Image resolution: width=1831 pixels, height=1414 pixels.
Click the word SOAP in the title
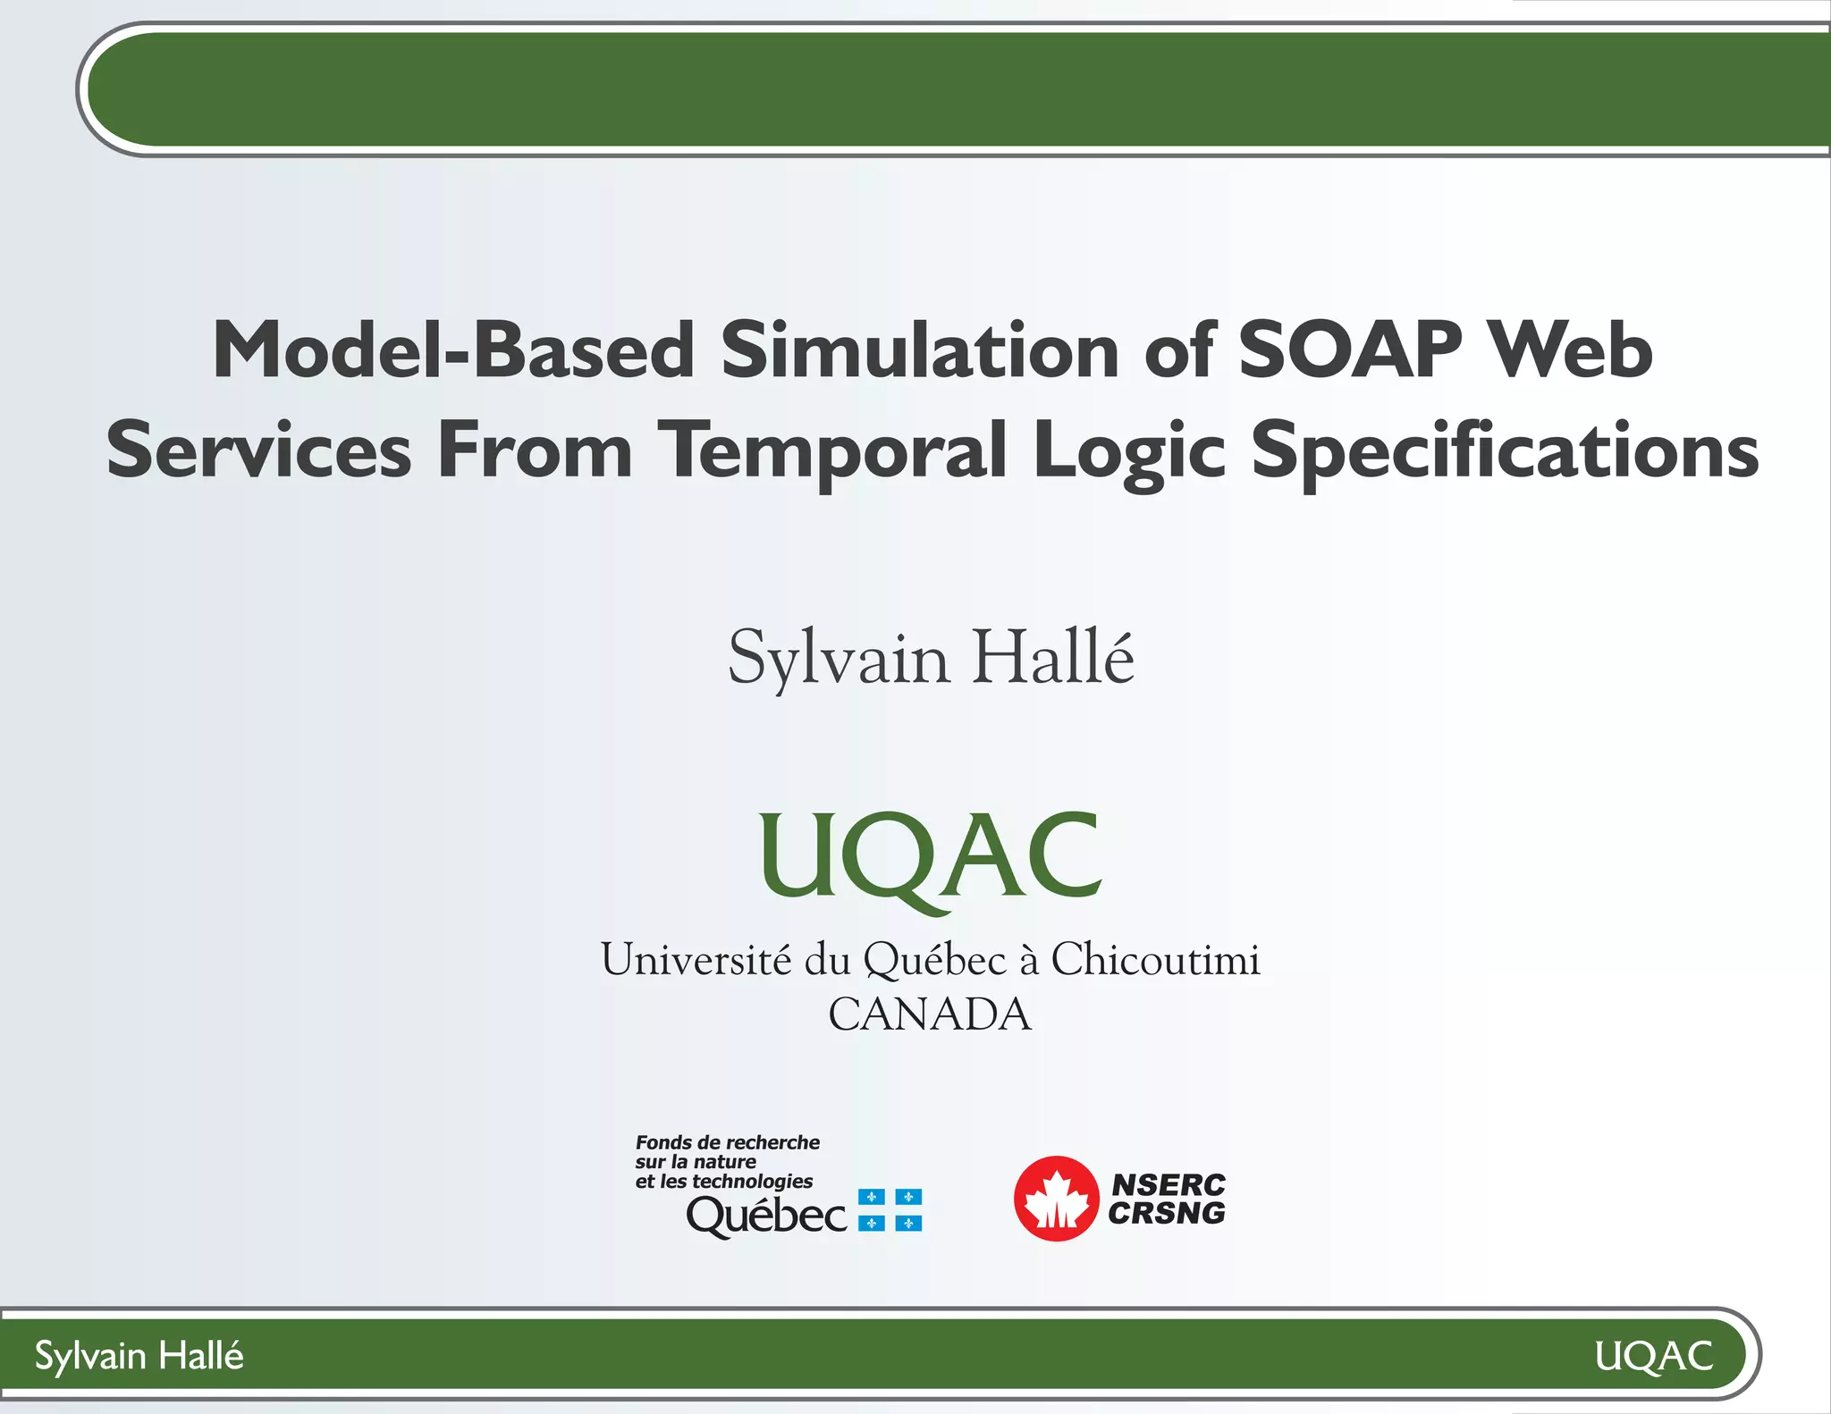click(x=1350, y=350)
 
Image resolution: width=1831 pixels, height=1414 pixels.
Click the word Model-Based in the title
click(x=453, y=350)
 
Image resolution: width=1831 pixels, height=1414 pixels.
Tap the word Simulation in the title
click(x=920, y=350)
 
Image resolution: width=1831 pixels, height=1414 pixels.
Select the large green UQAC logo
click(x=930, y=858)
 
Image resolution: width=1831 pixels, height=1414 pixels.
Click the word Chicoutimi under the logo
click(x=1155, y=960)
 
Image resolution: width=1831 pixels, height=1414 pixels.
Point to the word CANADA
click(x=930, y=1014)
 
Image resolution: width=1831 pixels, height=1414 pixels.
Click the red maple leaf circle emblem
click(x=1056, y=1199)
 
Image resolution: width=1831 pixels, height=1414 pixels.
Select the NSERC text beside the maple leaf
click(x=1168, y=1184)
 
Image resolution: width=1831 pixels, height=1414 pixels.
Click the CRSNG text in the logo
click(x=1167, y=1214)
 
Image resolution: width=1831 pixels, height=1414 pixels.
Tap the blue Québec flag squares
click(x=890, y=1210)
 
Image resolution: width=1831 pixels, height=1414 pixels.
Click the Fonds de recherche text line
click(x=727, y=1142)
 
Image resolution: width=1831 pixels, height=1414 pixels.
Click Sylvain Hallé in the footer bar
click(x=139, y=1356)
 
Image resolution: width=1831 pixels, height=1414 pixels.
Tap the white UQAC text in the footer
click(x=1653, y=1356)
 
